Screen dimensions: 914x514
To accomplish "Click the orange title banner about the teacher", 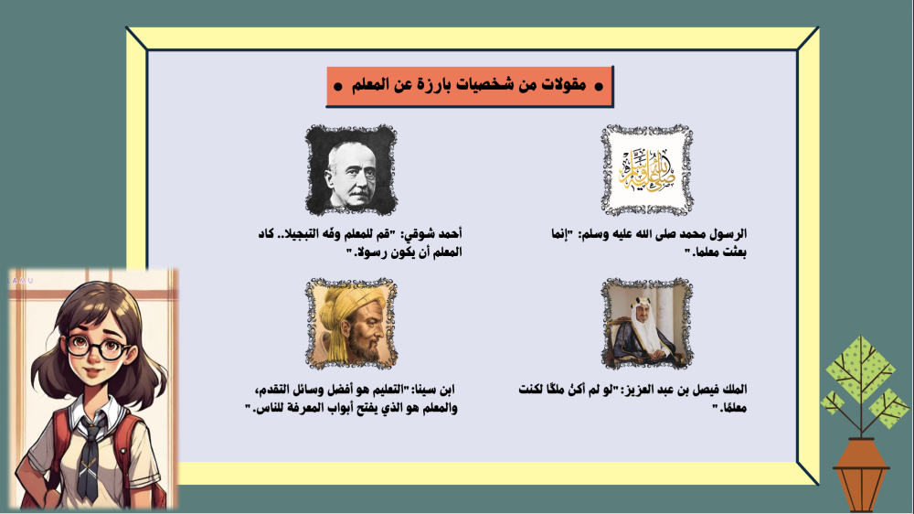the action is tap(469, 86).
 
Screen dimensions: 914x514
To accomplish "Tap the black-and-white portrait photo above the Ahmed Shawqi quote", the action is tap(351, 170).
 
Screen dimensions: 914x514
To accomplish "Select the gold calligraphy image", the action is tap(647, 170).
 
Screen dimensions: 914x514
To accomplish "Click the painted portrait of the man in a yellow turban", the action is tap(351, 324).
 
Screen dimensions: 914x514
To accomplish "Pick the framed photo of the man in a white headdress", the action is tap(647, 324).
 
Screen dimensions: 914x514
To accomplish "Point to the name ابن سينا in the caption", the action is tap(433, 390).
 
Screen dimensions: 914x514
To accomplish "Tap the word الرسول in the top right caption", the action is tap(728, 234).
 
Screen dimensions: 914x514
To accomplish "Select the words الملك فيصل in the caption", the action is tap(717, 389).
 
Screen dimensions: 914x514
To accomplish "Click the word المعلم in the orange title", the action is tap(370, 85).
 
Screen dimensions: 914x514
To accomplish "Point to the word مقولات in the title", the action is tap(564, 85).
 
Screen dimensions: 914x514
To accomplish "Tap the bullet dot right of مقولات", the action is tap(599, 87).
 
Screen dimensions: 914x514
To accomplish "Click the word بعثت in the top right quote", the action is tap(735, 252).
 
